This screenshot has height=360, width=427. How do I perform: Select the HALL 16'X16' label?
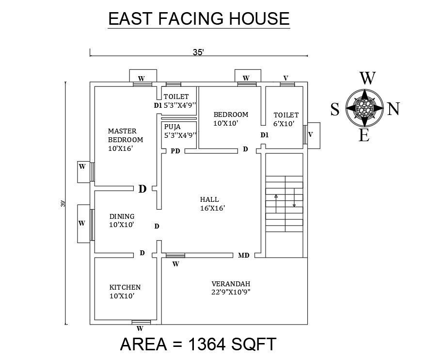click(212, 204)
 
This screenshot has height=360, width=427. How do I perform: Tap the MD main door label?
click(244, 255)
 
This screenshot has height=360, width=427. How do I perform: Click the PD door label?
click(175, 151)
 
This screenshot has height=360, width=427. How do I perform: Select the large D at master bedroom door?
click(142, 189)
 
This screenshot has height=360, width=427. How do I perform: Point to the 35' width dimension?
click(199, 52)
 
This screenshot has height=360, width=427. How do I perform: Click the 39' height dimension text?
click(63, 204)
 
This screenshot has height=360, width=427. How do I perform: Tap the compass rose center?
click(364, 108)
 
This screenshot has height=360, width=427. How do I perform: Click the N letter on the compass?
click(393, 109)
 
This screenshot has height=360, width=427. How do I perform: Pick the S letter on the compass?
click(335, 109)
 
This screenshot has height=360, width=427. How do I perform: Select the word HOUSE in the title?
click(259, 18)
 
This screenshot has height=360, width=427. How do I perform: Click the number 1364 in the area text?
click(206, 344)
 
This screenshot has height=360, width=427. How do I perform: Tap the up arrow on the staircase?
click(276, 203)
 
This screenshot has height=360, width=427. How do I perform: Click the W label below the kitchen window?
click(140, 328)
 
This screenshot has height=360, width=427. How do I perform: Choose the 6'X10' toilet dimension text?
click(284, 124)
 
